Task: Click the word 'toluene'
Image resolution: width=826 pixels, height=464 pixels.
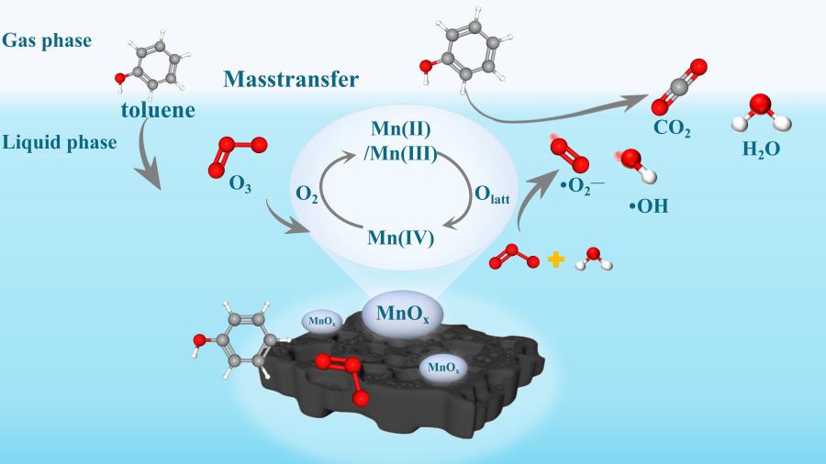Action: (x=157, y=111)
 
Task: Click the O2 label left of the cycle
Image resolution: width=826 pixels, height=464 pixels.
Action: (x=307, y=193)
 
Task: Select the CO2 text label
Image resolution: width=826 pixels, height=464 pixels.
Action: (x=672, y=129)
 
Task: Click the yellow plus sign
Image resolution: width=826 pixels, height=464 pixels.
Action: (x=554, y=260)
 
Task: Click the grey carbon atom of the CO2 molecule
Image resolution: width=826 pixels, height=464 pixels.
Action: (x=679, y=86)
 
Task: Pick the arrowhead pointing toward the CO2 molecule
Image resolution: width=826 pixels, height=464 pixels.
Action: (x=637, y=99)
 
